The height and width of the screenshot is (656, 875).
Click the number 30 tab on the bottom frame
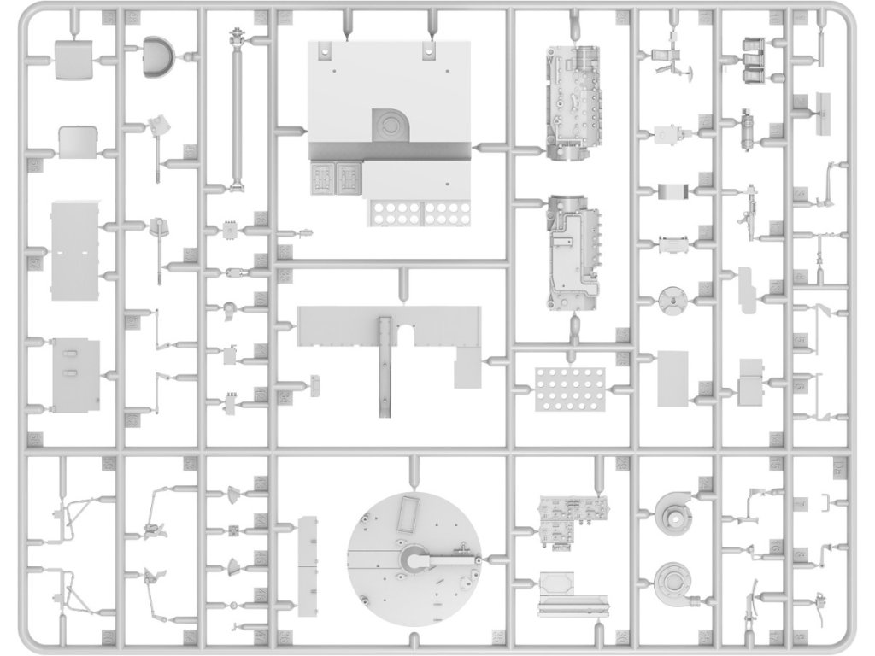tap(285, 638)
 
